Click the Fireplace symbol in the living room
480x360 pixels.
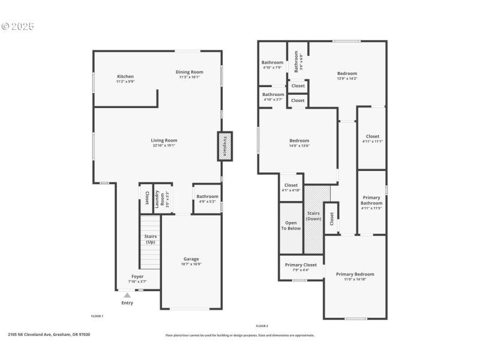click(x=224, y=146)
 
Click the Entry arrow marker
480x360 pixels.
click(x=127, y=295)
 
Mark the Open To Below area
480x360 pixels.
click(x=291, y=225)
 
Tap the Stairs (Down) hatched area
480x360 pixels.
click(x=314, y=219)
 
